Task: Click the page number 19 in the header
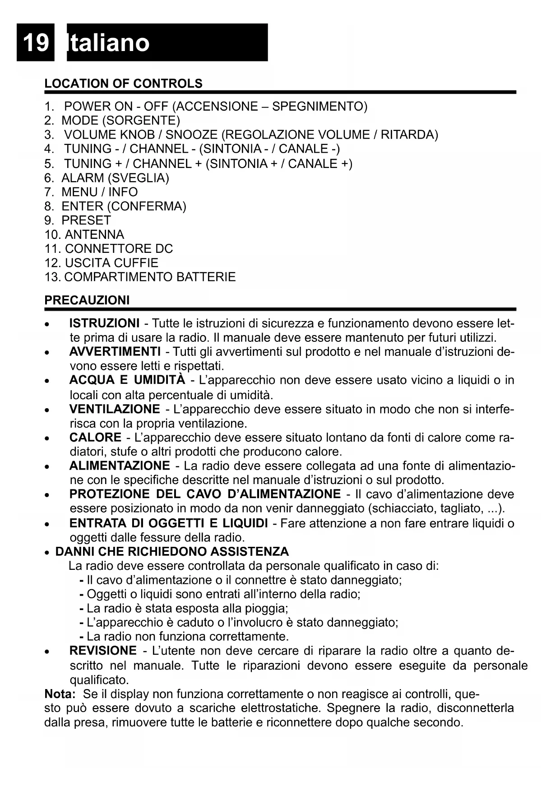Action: click(35, 43)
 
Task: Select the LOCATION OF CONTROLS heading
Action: click(123, 84)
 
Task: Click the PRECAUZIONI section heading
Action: click(87, 300)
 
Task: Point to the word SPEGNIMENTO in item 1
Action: click(318, 107)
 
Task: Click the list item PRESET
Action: click(86, 220)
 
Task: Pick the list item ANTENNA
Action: click(94, 235)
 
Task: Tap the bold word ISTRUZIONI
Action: click(104, 323)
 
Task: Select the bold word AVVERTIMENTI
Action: click(115, 351)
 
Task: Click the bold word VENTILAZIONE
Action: click(115, 409)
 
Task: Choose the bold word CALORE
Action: click(95, 438)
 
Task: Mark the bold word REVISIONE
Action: click(103, 651)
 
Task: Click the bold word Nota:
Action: click(60, 694)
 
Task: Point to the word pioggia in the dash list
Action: click(266, 609)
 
